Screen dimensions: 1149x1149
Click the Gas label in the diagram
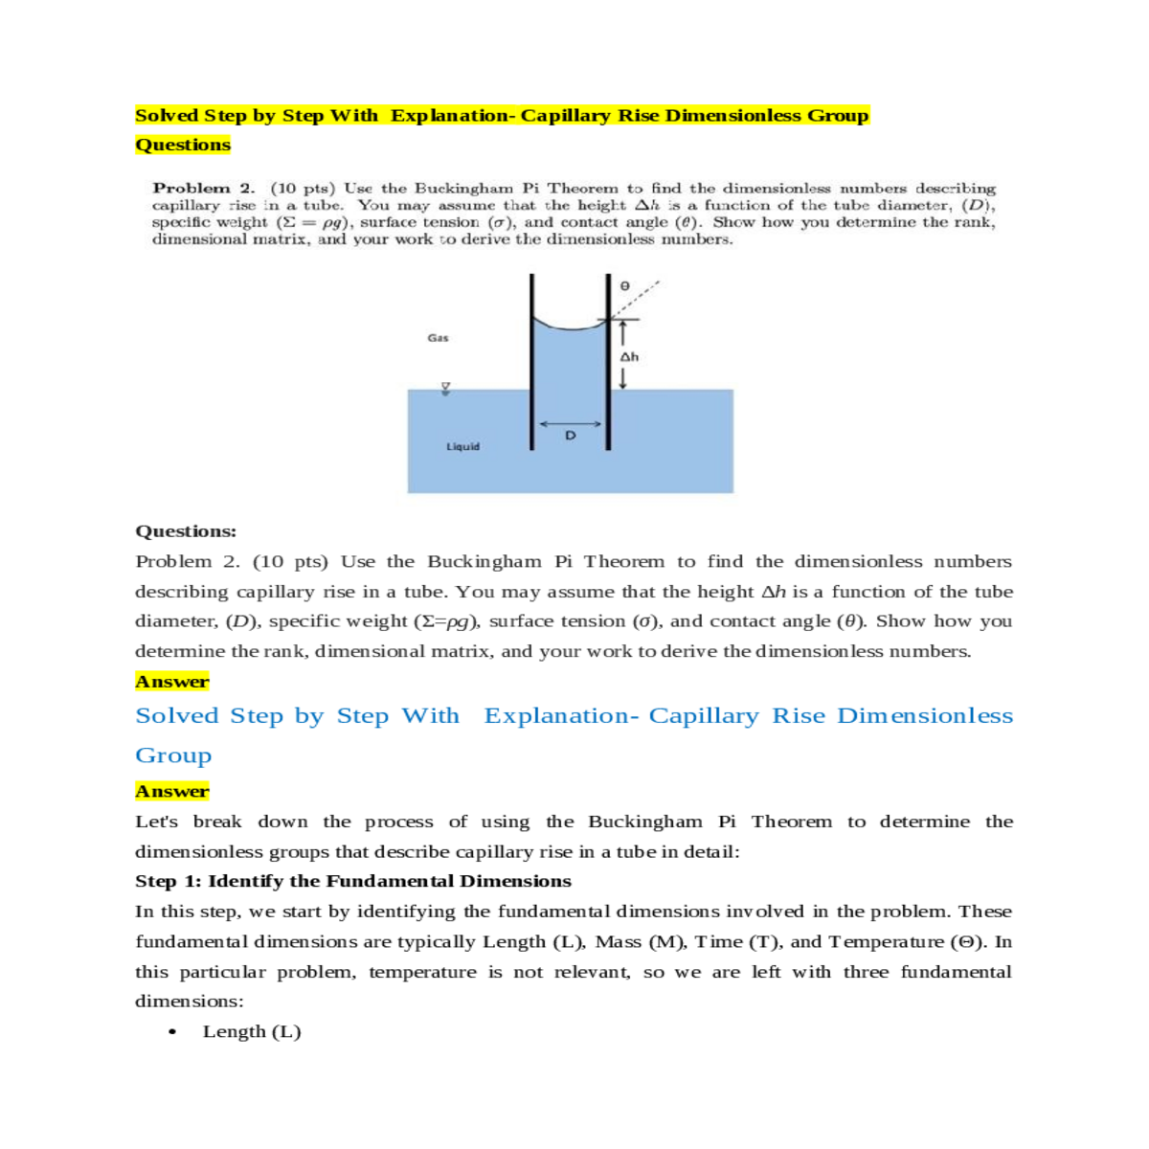coord(438,338)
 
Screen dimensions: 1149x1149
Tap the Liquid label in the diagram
coord(462,447)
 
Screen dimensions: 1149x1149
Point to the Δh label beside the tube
coord(629,357)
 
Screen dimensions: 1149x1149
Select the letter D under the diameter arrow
coord(571,436)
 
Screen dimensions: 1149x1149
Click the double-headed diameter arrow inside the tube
coord(570,423)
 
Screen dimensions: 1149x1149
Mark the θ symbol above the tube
coord(624,285)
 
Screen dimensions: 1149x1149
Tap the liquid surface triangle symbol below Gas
coord(445,389)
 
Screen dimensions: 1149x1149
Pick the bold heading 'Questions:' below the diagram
coord(186,531)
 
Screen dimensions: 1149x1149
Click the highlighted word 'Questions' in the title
coord(183,145)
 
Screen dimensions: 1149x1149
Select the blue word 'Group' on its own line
coord(173,755)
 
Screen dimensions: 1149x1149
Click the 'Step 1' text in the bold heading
coord(169,881)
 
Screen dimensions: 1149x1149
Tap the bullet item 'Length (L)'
coord(252,1031)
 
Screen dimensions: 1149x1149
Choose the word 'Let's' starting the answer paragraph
coord(156,822)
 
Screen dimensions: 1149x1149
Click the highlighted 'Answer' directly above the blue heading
coord(172,682)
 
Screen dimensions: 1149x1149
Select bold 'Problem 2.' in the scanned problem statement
coord(204,189)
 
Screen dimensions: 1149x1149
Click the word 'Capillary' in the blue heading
coord(703,716)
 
